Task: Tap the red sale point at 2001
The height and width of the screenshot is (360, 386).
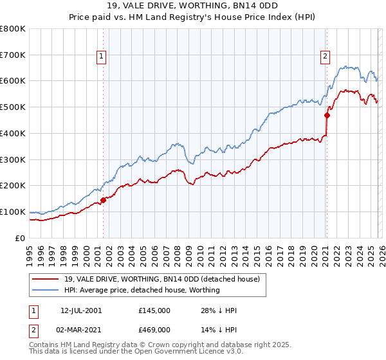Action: pyautogui.click(x=103, y=200)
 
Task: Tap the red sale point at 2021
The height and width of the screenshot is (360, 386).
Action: pyautogui.click(x=327, y=116)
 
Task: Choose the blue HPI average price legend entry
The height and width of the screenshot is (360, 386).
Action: pyautogui.click(x=142, y=290)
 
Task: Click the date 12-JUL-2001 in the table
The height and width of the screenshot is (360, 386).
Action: pyautogui.click(x=81, y=310)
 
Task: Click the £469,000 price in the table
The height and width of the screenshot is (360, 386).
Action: pyautogui.click(x=154, y=329)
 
